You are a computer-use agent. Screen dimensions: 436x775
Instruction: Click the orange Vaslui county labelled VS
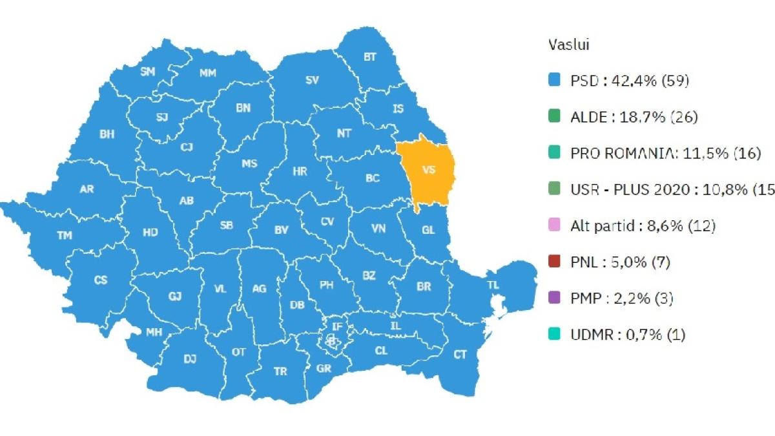(x=427, y=171)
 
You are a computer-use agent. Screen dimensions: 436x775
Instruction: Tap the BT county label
(x=369, y=57)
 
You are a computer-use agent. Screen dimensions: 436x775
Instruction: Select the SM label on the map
(x=147, y=72)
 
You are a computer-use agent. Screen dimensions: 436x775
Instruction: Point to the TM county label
(x=65, y=235)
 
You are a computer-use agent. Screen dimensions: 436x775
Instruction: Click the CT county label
(x=460, y=354)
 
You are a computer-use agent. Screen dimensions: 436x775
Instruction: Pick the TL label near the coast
(x=493, y=285)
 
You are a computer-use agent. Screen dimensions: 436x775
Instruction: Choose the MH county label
(x=154, y=332)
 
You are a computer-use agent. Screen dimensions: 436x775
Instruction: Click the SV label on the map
(x=312, y=80)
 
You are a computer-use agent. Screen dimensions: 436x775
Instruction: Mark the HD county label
(x=150, y=232)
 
